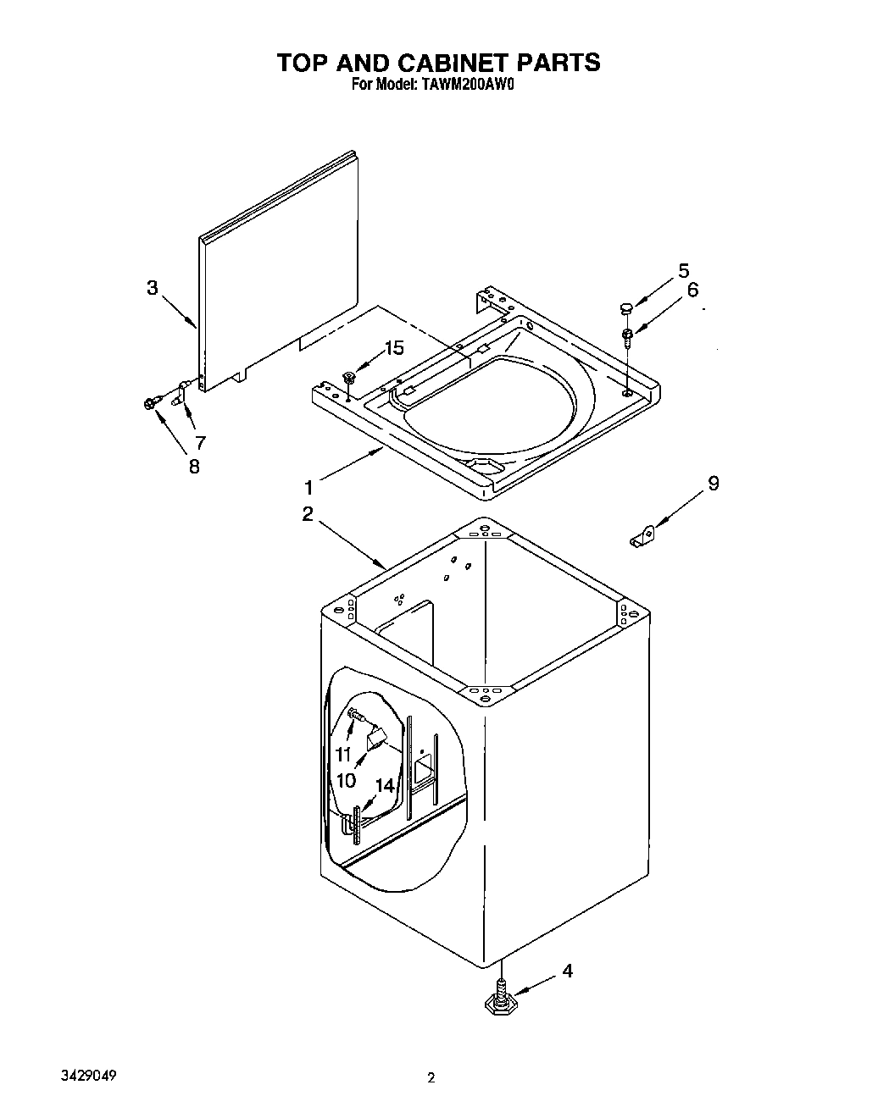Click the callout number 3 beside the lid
(x=152, y=288)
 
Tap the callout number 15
(x=394, y=347)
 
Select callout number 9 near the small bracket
(x=713, y=483)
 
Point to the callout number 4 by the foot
(x=567, y=971)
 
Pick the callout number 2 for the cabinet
(x=307, y=513)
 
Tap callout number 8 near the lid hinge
(x=194, y=466)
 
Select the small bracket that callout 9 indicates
(x=642, y=537)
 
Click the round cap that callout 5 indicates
(x=625, y=307)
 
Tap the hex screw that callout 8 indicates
(x=153, y=402)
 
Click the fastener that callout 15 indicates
(x=348, y=376)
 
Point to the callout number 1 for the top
(x=309, y=488)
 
